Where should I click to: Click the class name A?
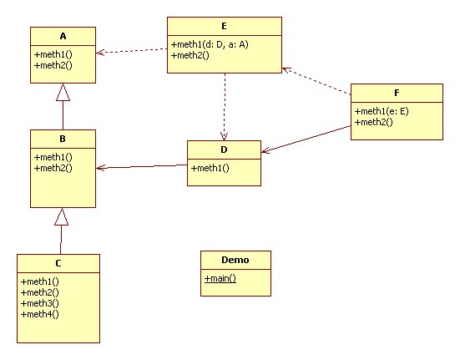pos(63,36)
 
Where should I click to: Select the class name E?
pos(224,26)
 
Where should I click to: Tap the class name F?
pos(397,93)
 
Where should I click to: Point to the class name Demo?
pos(235,260)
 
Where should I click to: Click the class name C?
pos(58,263)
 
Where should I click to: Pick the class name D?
pos(224,150)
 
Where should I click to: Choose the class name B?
pos(63,139)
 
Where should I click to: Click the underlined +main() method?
pos(220,278)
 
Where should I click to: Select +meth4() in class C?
pos(40,314)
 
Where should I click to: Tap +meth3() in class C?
pos(40,303)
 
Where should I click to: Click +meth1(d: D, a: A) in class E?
pos(210,44)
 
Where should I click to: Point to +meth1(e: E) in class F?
pos(382,111)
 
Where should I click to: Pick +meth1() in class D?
pos(210,168)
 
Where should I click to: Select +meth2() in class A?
pos(53,65)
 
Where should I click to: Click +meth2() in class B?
pos(53,168)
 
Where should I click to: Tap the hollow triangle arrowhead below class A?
pos(63,92)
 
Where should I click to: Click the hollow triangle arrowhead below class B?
pos(61,217)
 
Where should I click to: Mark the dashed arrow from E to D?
pos(225,107)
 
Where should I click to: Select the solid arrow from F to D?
pos(306,139)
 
